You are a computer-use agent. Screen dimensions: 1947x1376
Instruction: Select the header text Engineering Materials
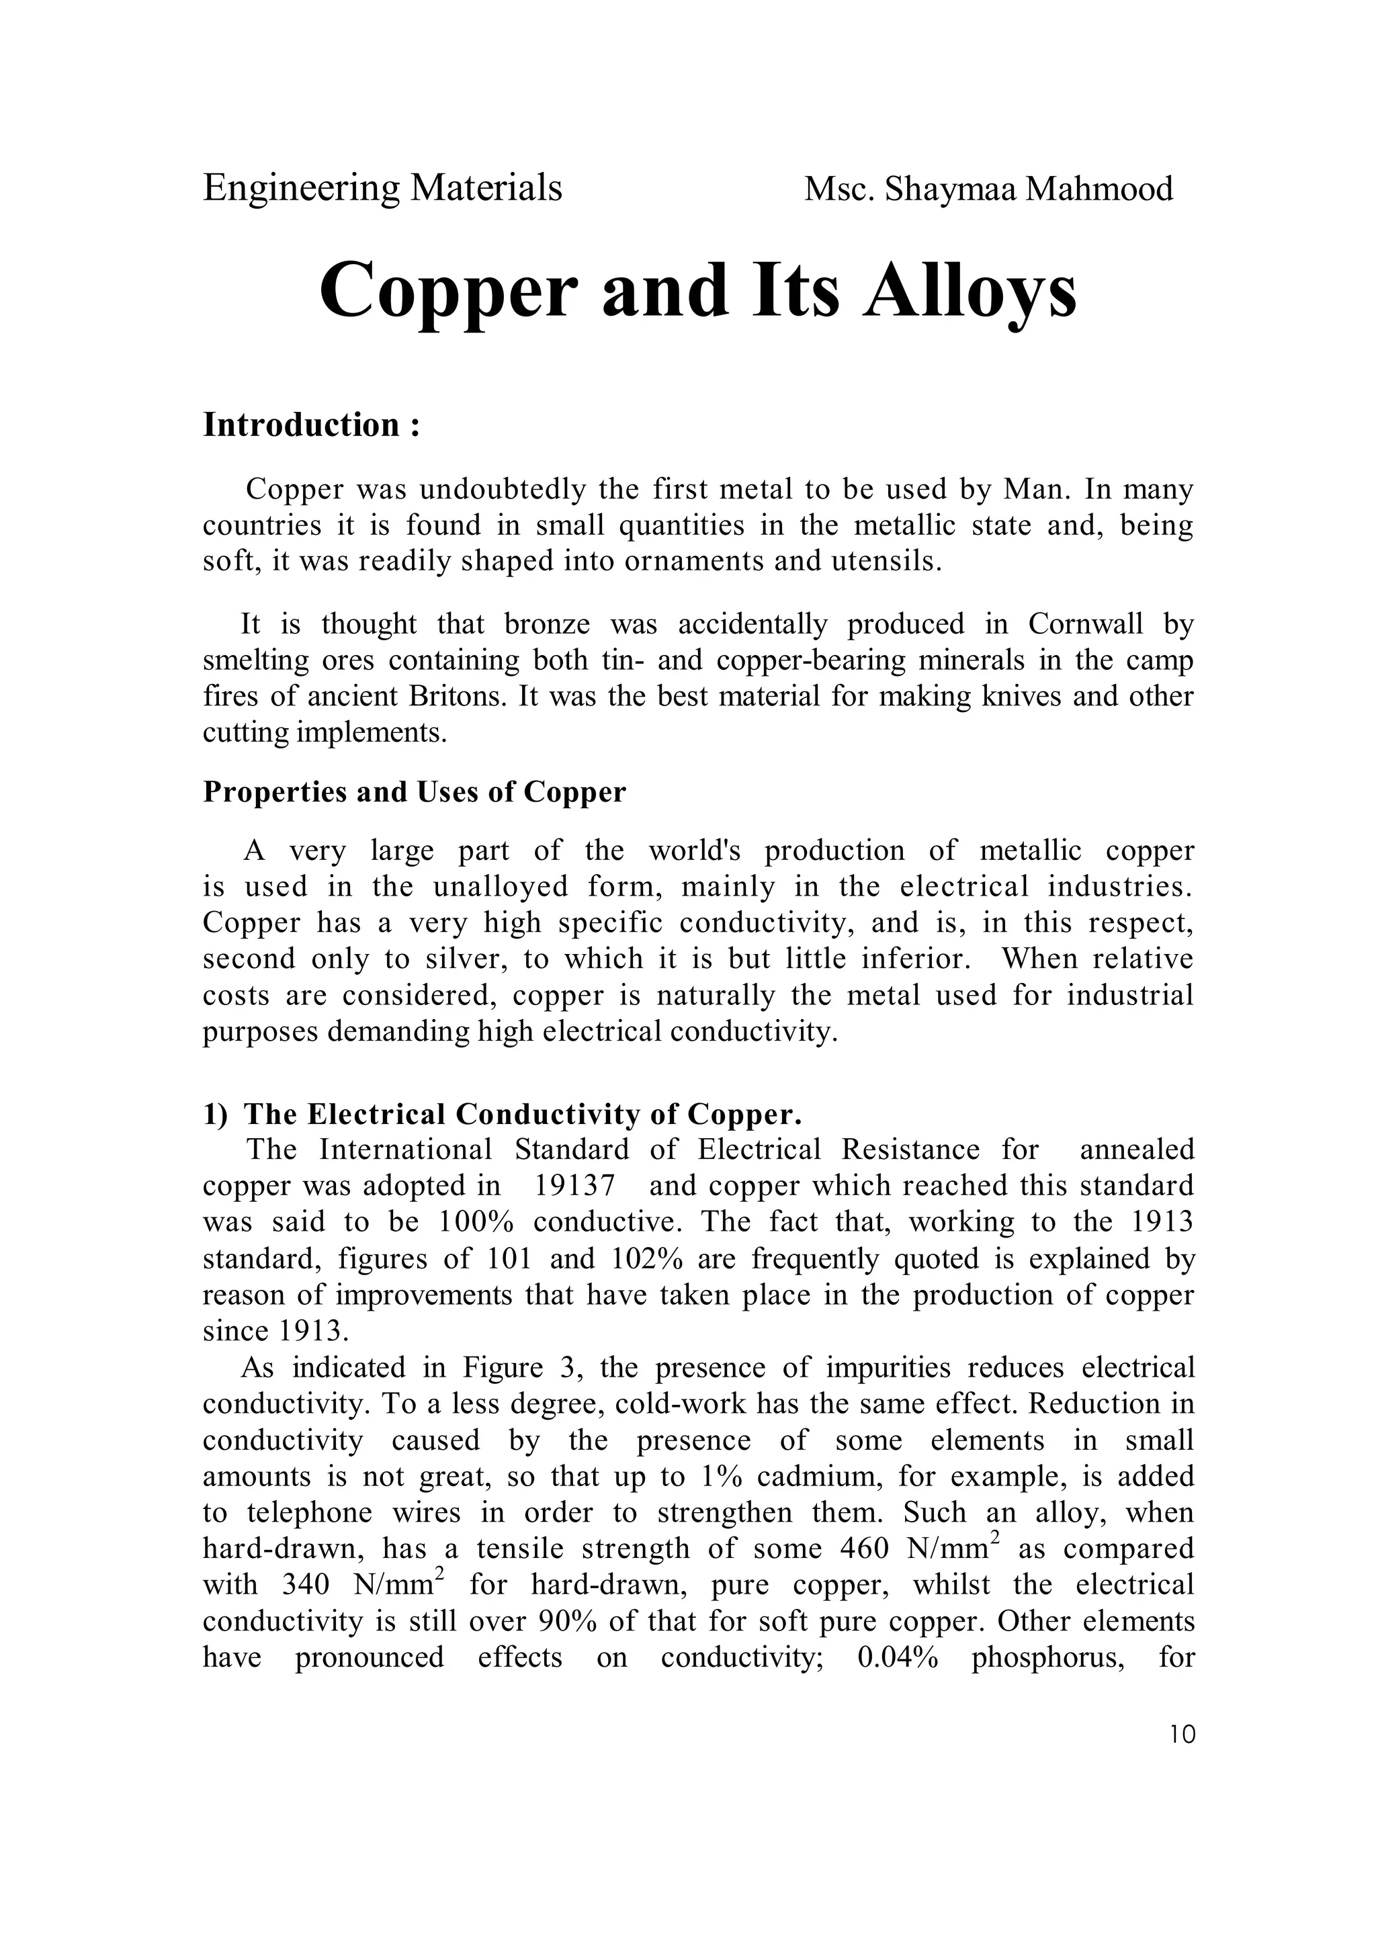point(382,187)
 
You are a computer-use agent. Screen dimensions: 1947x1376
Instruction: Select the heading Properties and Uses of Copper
point(415,791)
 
